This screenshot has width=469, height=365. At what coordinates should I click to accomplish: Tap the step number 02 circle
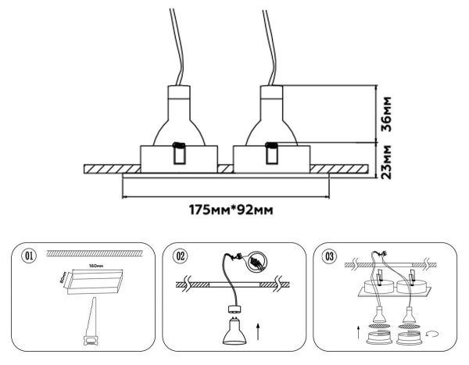180,255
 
